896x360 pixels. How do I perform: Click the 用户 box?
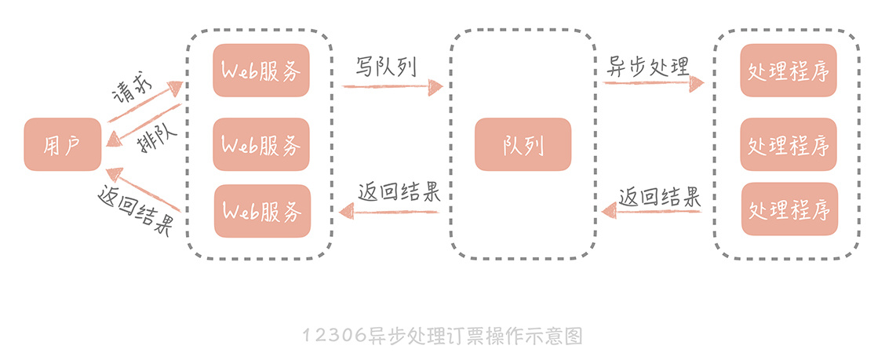[x=63, y=144]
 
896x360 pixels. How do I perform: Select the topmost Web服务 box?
[x=261, y=71]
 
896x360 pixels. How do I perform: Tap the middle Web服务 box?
[x=261, y=144]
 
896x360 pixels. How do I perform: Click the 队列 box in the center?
[x=523, y=144]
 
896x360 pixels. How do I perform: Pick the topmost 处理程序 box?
[x=789, y=71]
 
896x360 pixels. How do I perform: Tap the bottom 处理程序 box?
[x=789, y=210]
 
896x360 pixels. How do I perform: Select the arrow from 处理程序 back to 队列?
[x=651, y=211]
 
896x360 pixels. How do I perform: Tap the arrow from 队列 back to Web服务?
[x=388, y=210]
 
